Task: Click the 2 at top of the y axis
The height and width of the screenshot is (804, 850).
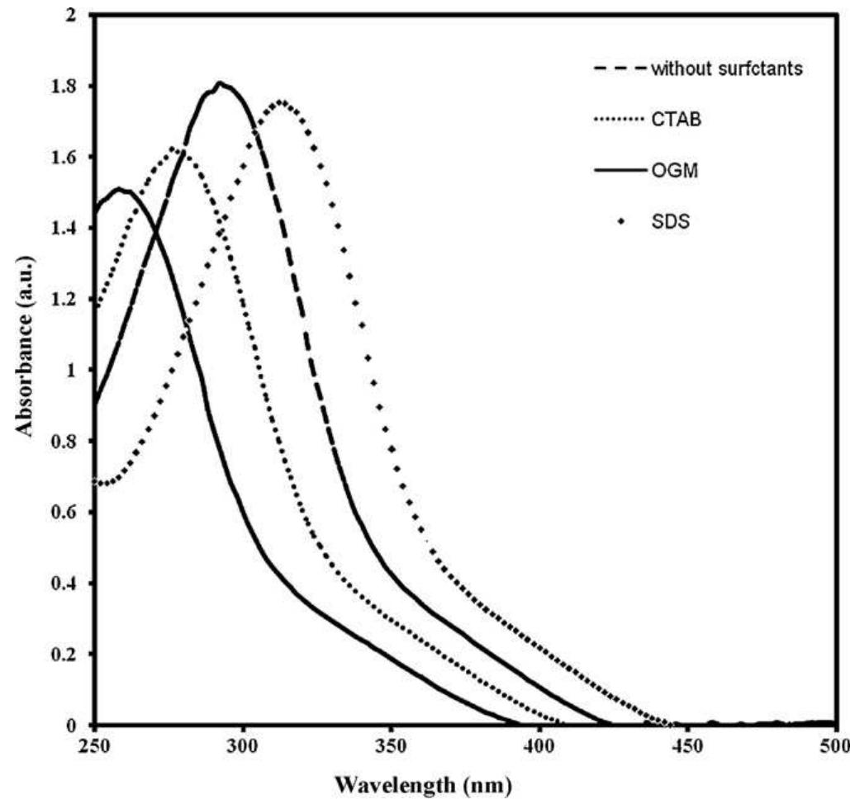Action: (79, 16)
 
